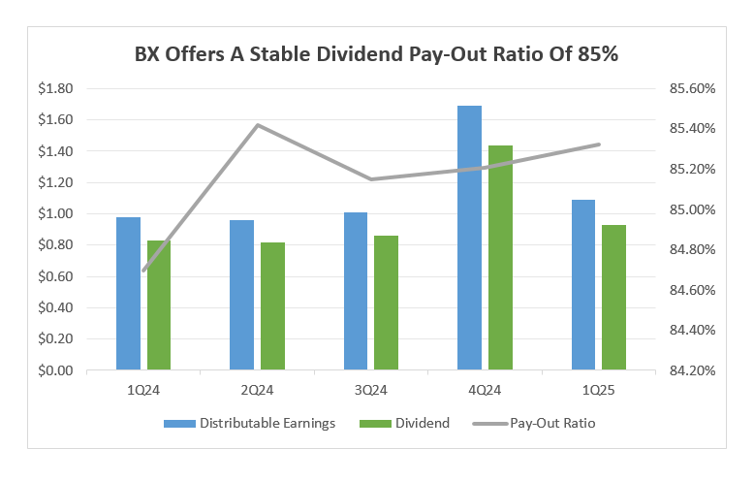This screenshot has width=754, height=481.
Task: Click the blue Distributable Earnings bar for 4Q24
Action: click(x=469, y=238)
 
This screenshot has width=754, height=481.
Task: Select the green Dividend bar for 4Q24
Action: click(x=500, y=257)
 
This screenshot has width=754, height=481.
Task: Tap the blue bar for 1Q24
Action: click(x=128, y=293)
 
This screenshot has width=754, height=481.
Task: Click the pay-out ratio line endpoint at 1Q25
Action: click(x=600, y=144)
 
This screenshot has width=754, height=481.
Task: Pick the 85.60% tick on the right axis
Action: click(x=691, y=88)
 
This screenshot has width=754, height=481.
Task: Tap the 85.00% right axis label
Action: click(x=691, y=209)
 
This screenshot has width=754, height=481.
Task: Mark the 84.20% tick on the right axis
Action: click(x=691, y=370)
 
